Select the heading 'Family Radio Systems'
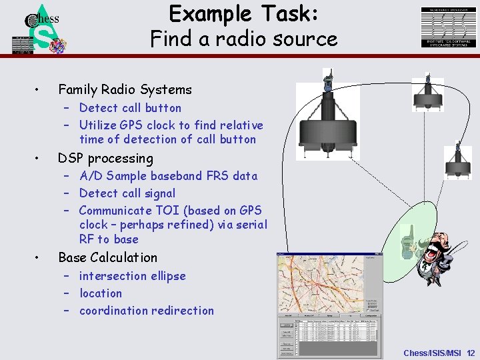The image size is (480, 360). click(x=125, y=89)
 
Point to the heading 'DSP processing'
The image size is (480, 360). click(x=105, y=158)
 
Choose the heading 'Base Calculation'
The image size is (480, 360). click(x=108, y=257)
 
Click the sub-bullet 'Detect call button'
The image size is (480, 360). click(x=130, y=107)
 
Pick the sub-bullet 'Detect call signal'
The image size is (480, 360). click(x=127, y=193)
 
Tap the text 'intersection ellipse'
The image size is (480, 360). click(x=132, y=276)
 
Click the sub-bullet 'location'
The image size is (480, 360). click(x=101, y=293)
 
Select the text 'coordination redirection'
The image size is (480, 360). click(x=147, y=311)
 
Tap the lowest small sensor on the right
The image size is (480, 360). click(x=458, y=162)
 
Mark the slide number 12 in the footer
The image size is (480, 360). click(x=471, y=353)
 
